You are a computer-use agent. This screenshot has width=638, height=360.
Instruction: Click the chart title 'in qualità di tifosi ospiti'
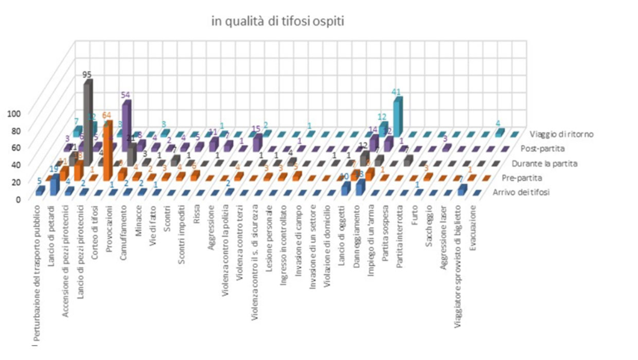click(278, 21)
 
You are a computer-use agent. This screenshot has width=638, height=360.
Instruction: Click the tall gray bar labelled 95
click(88, 118)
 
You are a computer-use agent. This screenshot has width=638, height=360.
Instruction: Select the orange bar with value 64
click(108, 149)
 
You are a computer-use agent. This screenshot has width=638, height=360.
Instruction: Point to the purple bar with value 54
click(126, 121)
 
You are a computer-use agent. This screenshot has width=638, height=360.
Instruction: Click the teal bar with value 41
click(397, 112)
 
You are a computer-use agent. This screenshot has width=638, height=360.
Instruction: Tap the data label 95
click(88, 74)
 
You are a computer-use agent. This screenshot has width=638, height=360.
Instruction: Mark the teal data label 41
click(396, 91)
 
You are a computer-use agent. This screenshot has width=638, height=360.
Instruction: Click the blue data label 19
click(54, 169)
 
